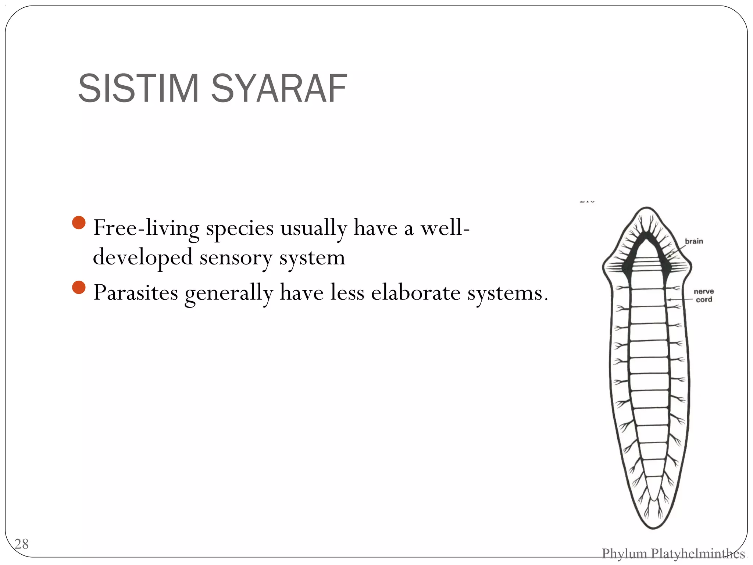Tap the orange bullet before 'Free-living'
pos(79,223)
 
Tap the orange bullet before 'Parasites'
pos(79,288)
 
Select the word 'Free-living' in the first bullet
pos(146,228)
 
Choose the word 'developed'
pos(143,257)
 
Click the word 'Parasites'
pos(136,293)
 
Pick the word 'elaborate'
pos(415,293)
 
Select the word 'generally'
pos(229,294)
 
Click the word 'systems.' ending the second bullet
pos(507,294)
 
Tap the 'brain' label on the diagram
pos(694,241)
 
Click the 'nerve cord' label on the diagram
pos(704,295)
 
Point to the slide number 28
pos(21,544)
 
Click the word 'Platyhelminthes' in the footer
pos(697,553)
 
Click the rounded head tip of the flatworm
pos(647,209)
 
